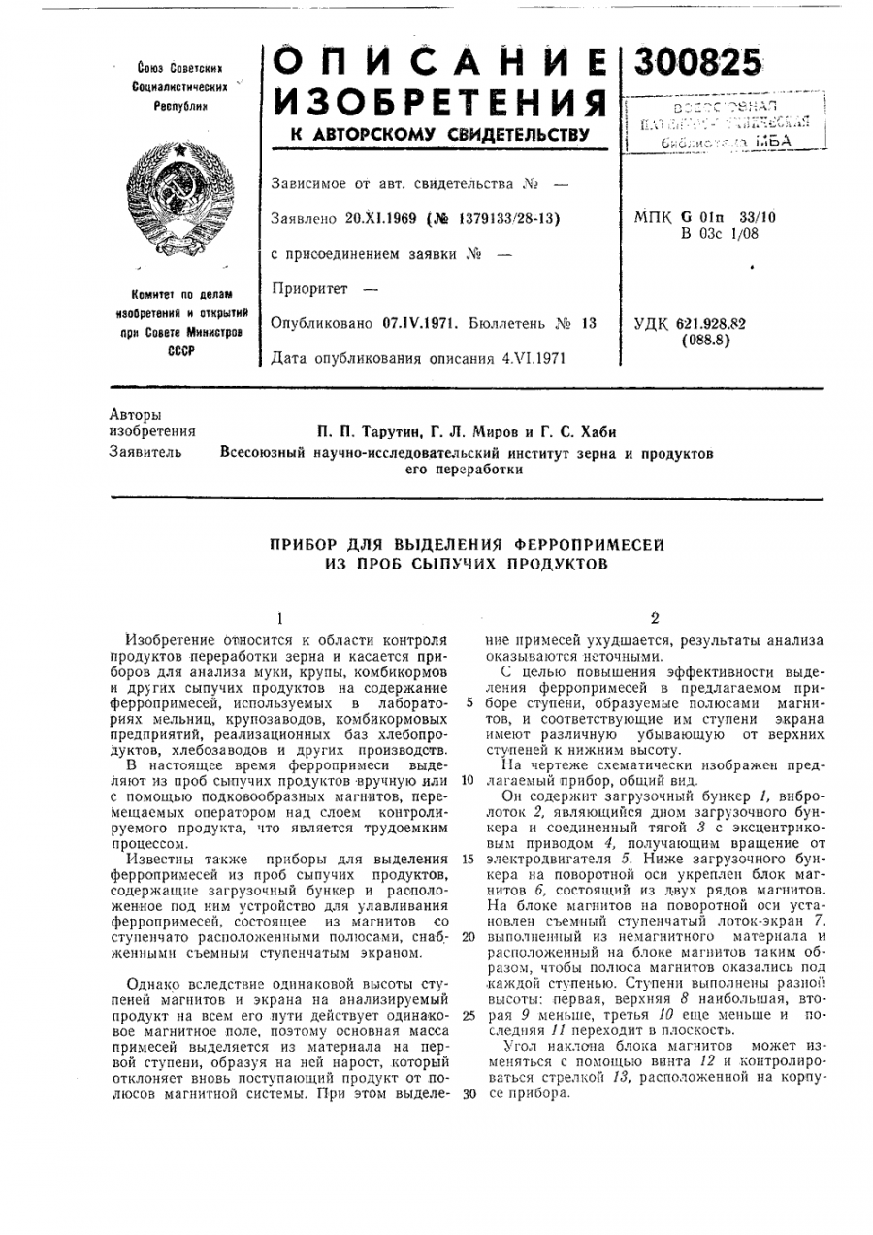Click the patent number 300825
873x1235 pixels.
pos(696,65)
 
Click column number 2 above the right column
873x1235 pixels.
pos(656,618)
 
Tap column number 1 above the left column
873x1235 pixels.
pos(278,618)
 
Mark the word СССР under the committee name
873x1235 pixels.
pos(185,350)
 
